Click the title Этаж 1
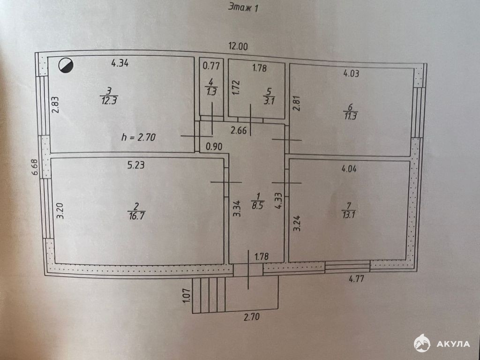[243, 7]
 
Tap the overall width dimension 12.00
[238, 46]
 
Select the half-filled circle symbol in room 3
[66, 66]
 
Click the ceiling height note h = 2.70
[139, 137]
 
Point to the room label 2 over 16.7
[136, 211]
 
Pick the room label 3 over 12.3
[109, 96]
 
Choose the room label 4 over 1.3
[211, 87]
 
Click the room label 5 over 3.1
[269, 96]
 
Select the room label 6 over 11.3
[350, 112]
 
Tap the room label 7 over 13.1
[349, 210]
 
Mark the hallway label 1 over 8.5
[258, 201]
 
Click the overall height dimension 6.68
[35, 167]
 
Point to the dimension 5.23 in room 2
[136, 165]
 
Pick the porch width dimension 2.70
[252, 316]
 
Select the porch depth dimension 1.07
[187, 296]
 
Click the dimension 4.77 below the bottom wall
[357, 278]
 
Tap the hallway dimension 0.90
[214, 147]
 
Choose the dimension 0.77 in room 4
[211, 66]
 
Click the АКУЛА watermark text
[453, 344]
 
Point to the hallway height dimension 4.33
[278, 201]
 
